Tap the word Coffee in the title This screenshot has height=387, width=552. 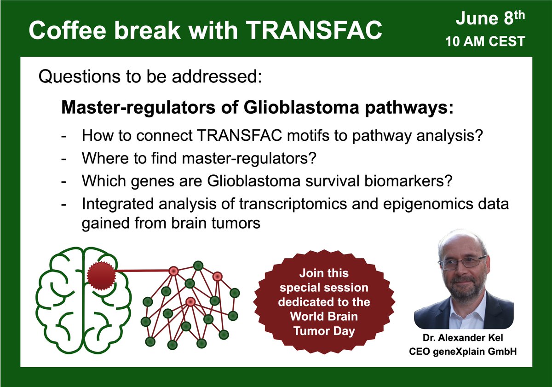[68, 30]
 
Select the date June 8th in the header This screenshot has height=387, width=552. [490, 18]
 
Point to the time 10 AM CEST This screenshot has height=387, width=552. [485, 41]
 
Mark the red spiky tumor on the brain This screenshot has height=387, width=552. [101, 276]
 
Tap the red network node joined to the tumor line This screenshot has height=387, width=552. [173, 271]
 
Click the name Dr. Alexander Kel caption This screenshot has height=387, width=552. [463, 338]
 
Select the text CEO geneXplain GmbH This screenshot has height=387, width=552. [463, 352]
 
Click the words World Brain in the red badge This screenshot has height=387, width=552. [324, 316]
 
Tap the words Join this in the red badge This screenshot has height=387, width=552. [324, 273]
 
